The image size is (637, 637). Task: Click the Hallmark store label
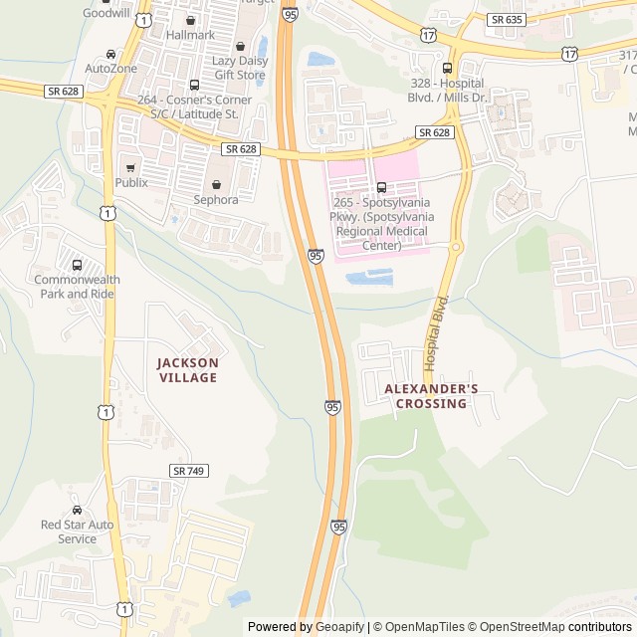click(190, 35)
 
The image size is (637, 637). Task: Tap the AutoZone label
click(110, 69)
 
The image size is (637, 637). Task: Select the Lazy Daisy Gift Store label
click(239, 68)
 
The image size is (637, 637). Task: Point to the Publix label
click(131, 182)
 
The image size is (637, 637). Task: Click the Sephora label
click(217, 199)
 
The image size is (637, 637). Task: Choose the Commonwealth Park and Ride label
click(77, 287)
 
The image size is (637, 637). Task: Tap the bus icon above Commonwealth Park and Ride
click(77, 265)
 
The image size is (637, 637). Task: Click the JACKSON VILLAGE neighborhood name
click(187, 370)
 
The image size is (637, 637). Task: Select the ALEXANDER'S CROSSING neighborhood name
click(431, 396)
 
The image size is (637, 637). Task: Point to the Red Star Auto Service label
click(77, 531)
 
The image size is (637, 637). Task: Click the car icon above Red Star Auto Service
click(77, 510)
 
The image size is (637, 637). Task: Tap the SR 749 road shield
click(188, 470)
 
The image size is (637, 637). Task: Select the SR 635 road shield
click(507, 19)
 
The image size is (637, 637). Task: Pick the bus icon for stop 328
click(446, 69)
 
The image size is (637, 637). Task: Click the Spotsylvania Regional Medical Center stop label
click(381, 224)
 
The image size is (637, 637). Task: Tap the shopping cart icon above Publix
click(130, 167)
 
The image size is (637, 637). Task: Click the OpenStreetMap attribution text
click(515, 627)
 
